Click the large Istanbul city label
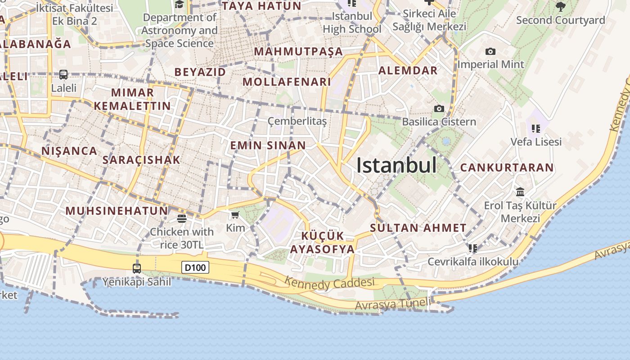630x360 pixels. [x=396, y=165]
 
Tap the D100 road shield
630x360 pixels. [x=196, y=268]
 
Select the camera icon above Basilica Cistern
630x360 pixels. [x=439, y=108]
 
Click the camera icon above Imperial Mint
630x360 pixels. [x=490, y=52]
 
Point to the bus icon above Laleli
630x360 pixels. [x=63, y=75]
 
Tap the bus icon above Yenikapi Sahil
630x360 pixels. [x=137, y=269]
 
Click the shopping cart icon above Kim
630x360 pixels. [x=235, y=215]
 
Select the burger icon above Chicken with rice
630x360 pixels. [x=182, y=219]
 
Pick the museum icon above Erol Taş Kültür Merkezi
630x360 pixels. [x=520, y=192]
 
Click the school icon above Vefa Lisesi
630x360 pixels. [x=535, y=129]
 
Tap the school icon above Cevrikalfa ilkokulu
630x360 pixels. [x=472, y=248]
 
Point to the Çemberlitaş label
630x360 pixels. [x=297, y=121]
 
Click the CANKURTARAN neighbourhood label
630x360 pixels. [x=507, y=168]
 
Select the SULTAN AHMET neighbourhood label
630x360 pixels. [x=418, y=228]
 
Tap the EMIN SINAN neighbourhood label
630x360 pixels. [x=268, y=145]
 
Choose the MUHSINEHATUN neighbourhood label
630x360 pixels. [x=117, y=211]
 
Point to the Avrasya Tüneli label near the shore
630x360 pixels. [x=392, y=304]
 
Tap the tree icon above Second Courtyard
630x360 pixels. [x=560, y=6]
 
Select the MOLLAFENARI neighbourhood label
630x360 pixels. [x=287, y=82]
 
